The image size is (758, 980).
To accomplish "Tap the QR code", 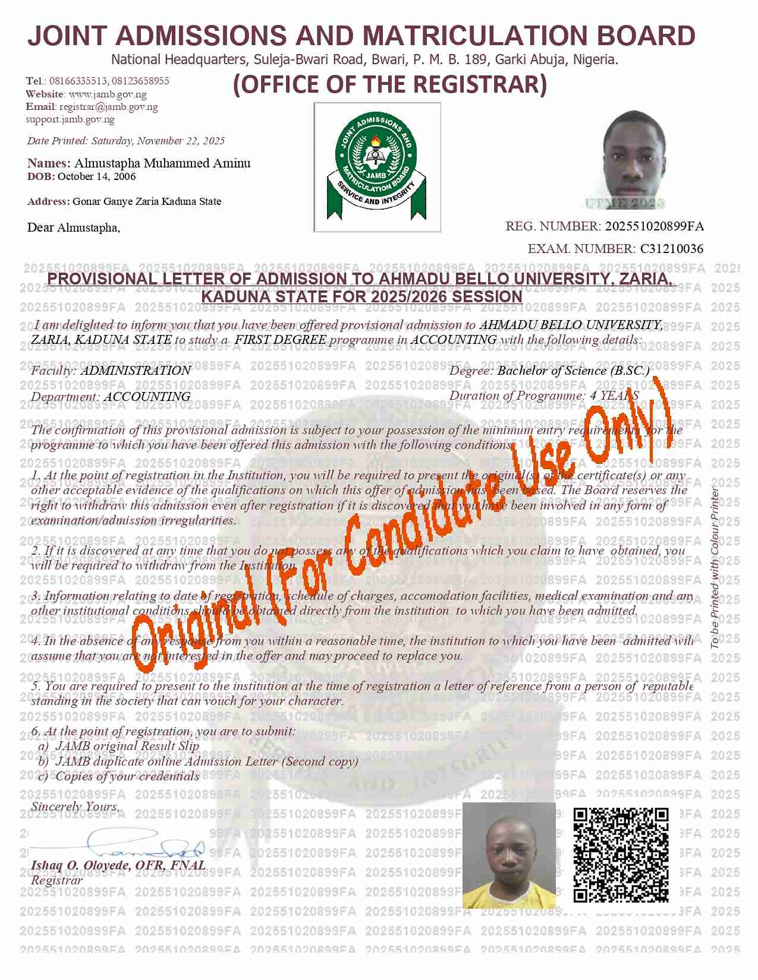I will tap(621, 855).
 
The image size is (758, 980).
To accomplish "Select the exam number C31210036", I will tap(671, 249).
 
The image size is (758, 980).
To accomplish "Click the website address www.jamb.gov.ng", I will tap(108, 94).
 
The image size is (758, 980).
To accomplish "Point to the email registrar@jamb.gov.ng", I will tap(108, 107).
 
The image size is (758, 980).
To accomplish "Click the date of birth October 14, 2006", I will tap(96, 176).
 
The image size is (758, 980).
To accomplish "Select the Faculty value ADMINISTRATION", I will tap(136, 371).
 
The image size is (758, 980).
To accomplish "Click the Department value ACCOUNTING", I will tap(147, 396).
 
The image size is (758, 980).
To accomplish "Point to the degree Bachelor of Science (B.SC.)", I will tap(573, 371).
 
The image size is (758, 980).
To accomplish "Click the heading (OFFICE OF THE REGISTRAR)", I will tap(390, 84).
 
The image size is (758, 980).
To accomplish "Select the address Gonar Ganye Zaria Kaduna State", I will tap(147, 201).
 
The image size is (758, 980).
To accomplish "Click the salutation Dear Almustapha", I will tap(74, 227).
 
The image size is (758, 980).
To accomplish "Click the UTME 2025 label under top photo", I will tap(624, 203).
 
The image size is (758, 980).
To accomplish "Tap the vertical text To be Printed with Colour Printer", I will tap(716, 567).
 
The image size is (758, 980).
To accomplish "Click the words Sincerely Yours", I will tap(75, 807).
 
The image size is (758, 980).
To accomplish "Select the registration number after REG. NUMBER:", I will tap(654, 226).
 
